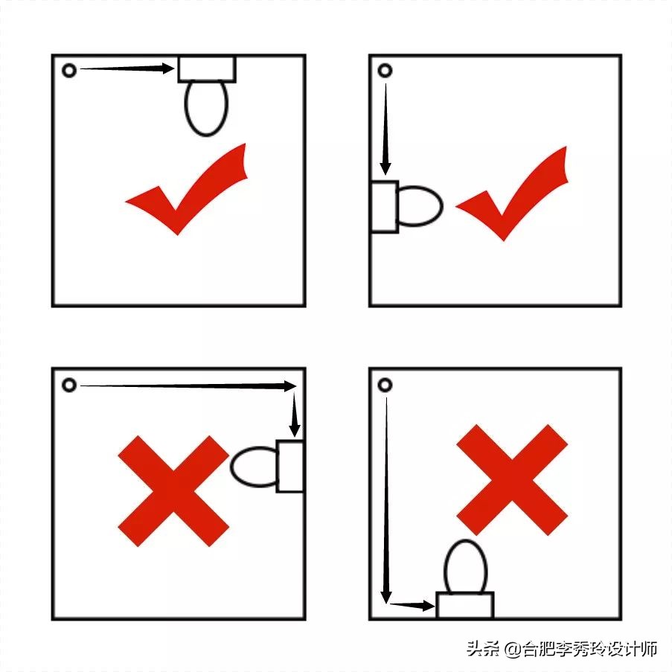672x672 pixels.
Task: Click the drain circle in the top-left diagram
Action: point(63,70)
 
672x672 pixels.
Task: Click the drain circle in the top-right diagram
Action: point(379,70)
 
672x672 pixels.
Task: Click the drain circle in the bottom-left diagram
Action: point(63,385)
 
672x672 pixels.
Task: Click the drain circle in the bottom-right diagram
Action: point(379,385)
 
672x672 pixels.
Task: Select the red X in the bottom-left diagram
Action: point(173,491)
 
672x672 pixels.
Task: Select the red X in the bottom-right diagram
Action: point(512,480)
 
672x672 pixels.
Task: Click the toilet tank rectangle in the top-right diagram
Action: point(385,207)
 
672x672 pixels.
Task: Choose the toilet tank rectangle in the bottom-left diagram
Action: point(290,466)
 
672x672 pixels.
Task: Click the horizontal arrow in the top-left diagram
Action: point(127,68)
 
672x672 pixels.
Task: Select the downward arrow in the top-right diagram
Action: point(385,129)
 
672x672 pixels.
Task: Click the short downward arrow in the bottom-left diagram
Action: point(295,415)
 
